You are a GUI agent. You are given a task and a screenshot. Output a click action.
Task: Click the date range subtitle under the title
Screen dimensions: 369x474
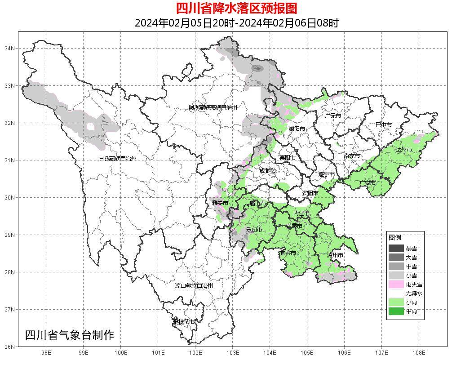(236, 23)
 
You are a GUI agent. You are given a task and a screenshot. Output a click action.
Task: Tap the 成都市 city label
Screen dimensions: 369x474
(267, 171)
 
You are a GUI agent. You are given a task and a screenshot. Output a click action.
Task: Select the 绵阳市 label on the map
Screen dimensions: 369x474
(297, 129)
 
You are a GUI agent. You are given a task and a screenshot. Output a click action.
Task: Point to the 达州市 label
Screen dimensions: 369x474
(403, 149)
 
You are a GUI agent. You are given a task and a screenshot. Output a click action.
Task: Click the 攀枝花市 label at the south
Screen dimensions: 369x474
(184, 322)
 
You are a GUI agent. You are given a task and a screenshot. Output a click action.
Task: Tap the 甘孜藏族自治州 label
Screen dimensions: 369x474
(117, 159)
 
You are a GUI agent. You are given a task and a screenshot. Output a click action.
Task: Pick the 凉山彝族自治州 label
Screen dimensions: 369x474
(194, 286)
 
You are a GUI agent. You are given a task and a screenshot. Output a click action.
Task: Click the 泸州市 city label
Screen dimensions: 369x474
(335, 255)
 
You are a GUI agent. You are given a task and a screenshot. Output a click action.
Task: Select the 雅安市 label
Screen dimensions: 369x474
(220, 203)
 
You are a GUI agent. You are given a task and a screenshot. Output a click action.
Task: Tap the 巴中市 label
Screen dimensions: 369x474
(383, 124)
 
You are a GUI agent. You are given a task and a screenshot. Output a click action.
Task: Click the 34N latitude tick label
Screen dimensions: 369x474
(10, 48)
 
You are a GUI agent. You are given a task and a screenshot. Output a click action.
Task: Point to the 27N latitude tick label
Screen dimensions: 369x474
(10, 309)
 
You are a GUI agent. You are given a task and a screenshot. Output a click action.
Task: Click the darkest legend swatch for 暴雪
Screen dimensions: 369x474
(396, 248)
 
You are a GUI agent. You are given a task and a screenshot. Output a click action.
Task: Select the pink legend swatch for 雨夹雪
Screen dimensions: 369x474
(396, 284)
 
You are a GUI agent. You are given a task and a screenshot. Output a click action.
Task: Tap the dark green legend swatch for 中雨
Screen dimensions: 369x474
(396, 311)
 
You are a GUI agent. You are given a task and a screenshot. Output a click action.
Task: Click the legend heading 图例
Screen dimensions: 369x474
(394, 237)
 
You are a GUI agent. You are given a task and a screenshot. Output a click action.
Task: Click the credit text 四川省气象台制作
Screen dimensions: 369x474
(69, 335)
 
